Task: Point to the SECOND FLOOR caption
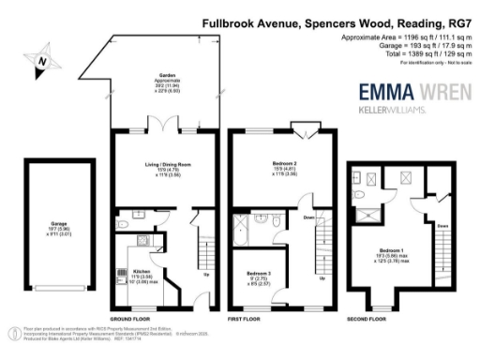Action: (x=366, y=319)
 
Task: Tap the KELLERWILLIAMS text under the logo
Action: (x=394, y=110)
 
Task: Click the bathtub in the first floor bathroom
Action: (x=247, y=226)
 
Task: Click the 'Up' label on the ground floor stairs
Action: (x=205, y=275)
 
